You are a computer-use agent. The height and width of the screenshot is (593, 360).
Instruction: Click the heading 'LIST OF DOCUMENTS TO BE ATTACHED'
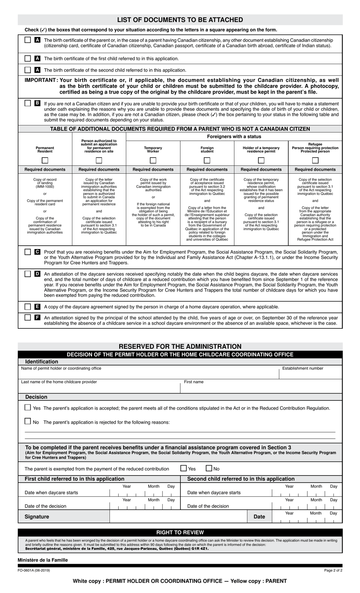[x=180, y=20]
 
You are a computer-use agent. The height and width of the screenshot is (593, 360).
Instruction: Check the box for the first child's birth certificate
[x=28, y=58]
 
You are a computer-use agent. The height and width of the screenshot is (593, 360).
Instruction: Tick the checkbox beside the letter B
[x=28, y=103]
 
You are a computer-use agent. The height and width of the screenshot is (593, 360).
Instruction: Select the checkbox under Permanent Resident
[x=45, y=160]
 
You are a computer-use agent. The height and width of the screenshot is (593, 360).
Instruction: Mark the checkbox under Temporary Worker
[x=153, y=160]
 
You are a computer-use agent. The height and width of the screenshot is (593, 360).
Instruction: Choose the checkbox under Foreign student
[x=207, y=160]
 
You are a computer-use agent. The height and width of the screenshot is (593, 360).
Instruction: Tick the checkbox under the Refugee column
[x=315, y=160]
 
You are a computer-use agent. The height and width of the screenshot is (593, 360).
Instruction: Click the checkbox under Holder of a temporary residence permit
[x=261, y=160]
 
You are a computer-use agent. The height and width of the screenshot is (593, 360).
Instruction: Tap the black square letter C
[x=37, y=252]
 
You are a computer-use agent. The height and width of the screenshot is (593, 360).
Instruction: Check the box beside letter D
[x=28, y=274]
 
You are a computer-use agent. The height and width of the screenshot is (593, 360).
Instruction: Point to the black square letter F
[x=37, y=317]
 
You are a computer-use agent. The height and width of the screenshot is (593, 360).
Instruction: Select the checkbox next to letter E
[x=28, y=306]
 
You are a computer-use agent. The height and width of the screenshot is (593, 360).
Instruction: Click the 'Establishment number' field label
[x=303, y=368]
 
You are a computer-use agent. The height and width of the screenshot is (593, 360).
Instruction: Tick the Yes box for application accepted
[x=28, y=408]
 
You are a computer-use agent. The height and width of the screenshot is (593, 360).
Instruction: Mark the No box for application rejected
[x=28, y=421]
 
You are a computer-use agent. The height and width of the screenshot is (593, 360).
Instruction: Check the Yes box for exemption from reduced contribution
[x=184, y=468]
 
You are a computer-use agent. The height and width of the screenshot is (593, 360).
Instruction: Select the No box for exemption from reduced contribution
[x=209, y=468]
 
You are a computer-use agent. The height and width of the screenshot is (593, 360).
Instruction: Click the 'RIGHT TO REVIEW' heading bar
[x=180, y=532]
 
